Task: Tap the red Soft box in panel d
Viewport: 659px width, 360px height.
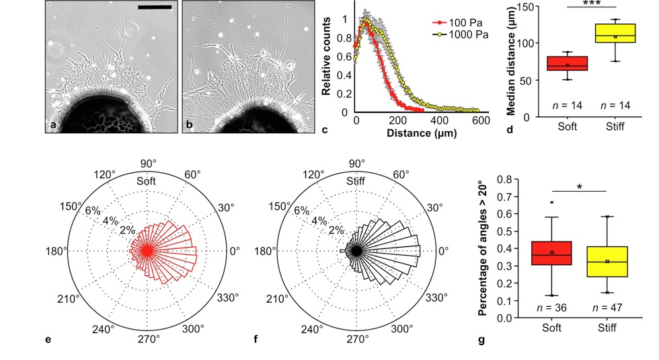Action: [x=567, y=63]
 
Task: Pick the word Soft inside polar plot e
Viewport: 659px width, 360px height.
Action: [x=147, y=181]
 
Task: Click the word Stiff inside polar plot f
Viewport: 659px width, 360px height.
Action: [x=356, y=181]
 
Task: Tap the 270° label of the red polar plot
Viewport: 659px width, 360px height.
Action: [x=147, y=338]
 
